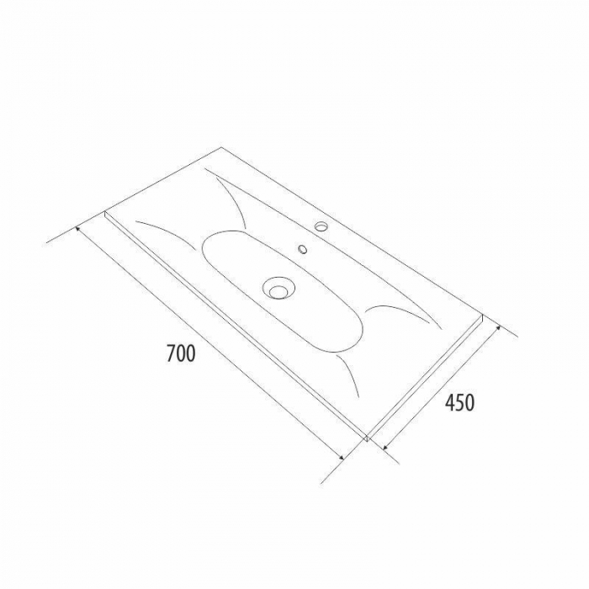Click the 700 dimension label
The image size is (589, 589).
click(181, 353)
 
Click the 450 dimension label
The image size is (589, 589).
click(459, 402)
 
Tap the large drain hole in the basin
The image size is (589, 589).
click(277, 288)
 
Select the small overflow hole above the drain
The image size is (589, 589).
click(303, 249)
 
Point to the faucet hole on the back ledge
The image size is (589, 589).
click(321, 226)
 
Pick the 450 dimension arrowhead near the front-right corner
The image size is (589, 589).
click(385, 447)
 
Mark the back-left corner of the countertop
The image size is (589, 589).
click(220, 147)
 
